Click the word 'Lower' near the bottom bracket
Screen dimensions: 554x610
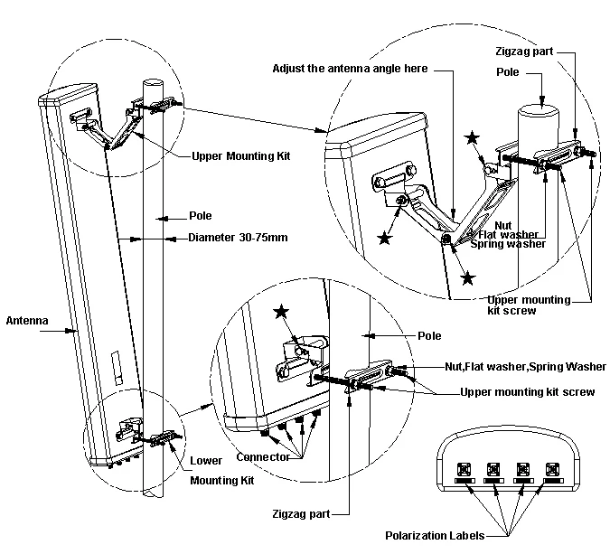[x=205, y=460]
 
